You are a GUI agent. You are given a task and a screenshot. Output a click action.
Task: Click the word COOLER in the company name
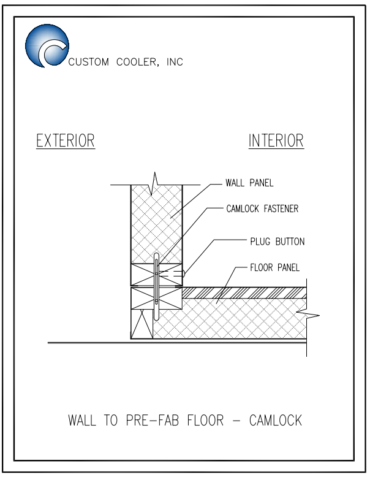coord(137,62)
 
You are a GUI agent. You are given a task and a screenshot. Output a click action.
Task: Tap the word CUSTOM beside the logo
coord(89,62)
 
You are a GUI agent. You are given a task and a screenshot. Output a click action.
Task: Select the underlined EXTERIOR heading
coord(66,141)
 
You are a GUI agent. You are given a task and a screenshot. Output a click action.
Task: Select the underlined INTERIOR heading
coord(276,141)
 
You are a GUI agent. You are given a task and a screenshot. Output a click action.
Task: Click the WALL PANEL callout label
coord(249,183)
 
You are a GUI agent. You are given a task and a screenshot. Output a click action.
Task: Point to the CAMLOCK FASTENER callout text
coord(262,208)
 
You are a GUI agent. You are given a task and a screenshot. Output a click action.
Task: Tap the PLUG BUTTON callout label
coord(277,242)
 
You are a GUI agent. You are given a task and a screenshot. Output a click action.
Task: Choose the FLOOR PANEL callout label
coord(274,268)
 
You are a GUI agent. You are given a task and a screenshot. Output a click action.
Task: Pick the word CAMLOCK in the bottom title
coord(276,421)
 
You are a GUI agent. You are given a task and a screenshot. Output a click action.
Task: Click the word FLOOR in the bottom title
coord(205,421)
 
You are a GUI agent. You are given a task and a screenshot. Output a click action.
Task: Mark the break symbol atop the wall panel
coord(155,183)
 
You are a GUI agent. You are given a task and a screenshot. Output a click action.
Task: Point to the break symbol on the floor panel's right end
coord(308,315)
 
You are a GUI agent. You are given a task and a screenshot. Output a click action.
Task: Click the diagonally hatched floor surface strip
coord(244,292)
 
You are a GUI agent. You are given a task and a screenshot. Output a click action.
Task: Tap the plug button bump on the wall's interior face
coord(183,273)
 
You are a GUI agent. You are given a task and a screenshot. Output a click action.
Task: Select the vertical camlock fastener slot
coord(156,286)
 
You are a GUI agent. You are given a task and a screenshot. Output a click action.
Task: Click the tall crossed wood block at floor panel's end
coord(142,324)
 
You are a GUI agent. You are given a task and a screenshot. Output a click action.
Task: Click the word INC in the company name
coord(175,62)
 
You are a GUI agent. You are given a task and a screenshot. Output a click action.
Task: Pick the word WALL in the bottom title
coord(82,421)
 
